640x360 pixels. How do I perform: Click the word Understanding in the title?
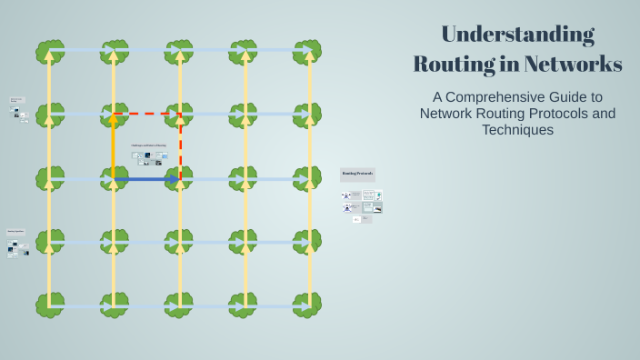point(517,35)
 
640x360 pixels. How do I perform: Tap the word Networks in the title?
point(576,65)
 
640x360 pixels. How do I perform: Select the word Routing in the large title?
point(455,65)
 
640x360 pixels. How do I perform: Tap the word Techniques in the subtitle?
point(517,130)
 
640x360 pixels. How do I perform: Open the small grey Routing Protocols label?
point(357,174)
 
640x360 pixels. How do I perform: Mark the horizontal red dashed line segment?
point(147,115)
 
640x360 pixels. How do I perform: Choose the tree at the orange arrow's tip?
point(114,115)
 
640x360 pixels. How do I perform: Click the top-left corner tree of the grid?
point(49,51)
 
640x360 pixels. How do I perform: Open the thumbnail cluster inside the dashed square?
point(149,158)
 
